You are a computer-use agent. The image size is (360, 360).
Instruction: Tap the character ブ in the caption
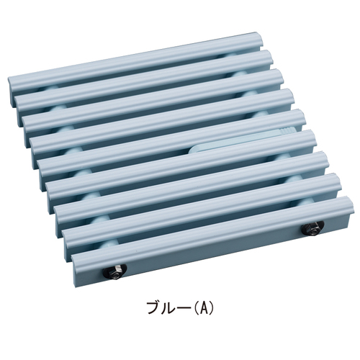point(154,307)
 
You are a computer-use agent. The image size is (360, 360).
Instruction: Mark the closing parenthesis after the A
point(211,307)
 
